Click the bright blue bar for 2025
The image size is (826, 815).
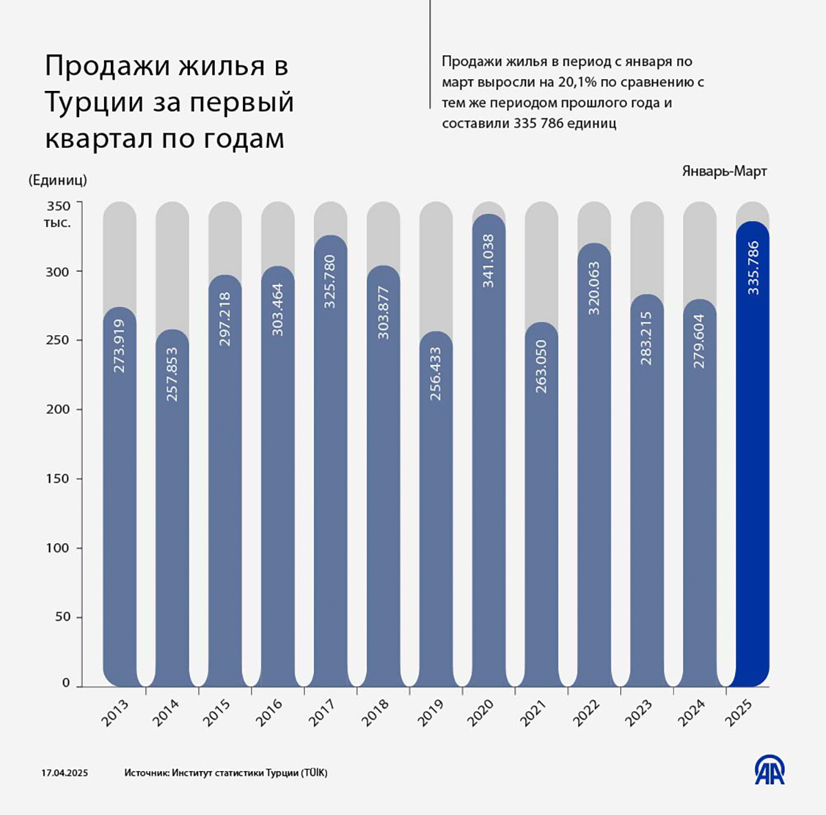[x=752, y=454]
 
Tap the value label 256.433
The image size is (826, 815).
[x=436, y=374]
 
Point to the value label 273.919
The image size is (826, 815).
[x=120, y=346]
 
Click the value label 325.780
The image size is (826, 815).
[x=330, y=281]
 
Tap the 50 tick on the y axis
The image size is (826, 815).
[x=63, y=617]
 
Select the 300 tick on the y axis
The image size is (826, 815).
[x=59, y=272]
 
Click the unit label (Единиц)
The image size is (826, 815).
[x=58, y=180]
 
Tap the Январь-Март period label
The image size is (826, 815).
[x=724, y=171]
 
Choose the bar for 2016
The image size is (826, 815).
[x=278, y=475]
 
